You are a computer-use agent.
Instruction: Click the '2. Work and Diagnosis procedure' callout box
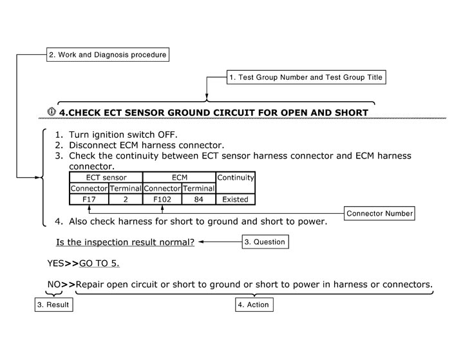[108, 55]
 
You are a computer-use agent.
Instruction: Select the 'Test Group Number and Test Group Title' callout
[306, 77]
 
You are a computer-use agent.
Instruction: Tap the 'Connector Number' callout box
[380, 213]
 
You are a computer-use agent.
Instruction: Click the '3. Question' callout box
[264, 242]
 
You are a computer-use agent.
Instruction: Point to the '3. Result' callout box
[53, 305]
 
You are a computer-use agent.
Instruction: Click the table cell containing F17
[89, 199]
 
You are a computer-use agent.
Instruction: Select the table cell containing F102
[162, 199]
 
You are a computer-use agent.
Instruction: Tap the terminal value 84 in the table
[199, 199]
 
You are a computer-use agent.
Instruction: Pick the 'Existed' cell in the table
[236, 199]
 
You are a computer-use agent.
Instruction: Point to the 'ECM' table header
[179, 177]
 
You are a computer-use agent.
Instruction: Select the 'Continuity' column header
[236, 177]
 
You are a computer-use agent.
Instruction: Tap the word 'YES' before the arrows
[55, 263]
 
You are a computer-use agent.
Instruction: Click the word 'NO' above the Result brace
[54, 284]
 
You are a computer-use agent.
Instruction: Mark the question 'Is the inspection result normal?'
[125, 242]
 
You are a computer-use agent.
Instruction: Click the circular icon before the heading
[52, 111]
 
